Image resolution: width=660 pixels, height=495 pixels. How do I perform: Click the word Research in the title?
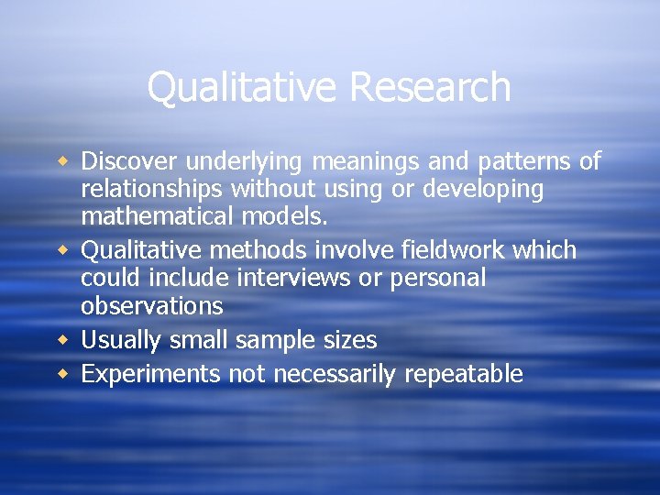click(x=430, y=88)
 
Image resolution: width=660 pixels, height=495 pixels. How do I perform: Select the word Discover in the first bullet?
click(x=129, y=161)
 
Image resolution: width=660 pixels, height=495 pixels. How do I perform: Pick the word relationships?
click(x=152, y=190)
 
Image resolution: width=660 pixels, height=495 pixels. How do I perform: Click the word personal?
click(x=436, y=278)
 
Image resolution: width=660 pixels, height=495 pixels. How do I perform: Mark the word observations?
click(x=152, y=305)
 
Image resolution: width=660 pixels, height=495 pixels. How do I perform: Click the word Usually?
click(x=123, y=340)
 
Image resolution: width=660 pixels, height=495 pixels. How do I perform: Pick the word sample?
click(x=274, y=341)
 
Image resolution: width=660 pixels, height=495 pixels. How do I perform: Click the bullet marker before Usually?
click(x=63, y=339)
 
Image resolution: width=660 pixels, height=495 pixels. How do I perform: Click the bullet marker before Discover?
click(x=63, y=161)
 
